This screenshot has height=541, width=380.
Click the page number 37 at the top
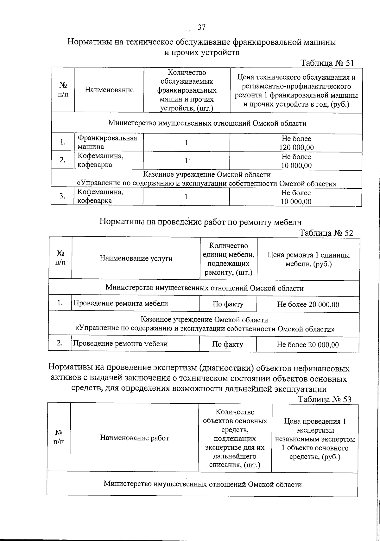tap(202, 28)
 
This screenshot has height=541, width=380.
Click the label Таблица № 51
tap(327, 63)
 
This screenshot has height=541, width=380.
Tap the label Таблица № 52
tap(326, 233)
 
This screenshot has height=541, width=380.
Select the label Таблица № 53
tap(325, 399)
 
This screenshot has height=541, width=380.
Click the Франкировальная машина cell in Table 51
tap(108, 142)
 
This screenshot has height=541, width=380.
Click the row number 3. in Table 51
tap(62, 196)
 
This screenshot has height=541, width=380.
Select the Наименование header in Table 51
tap(109, 90)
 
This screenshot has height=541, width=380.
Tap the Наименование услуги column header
tap(136, 258)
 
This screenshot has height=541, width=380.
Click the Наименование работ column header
tap(135, 438)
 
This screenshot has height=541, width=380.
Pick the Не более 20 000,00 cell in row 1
tap(308, 305)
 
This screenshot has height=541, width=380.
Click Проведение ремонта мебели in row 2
tap(121, 344)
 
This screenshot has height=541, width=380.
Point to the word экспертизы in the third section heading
tap(175, 368)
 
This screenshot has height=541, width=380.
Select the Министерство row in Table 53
tap(203, 484)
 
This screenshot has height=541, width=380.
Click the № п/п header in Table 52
tap(60, 258)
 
